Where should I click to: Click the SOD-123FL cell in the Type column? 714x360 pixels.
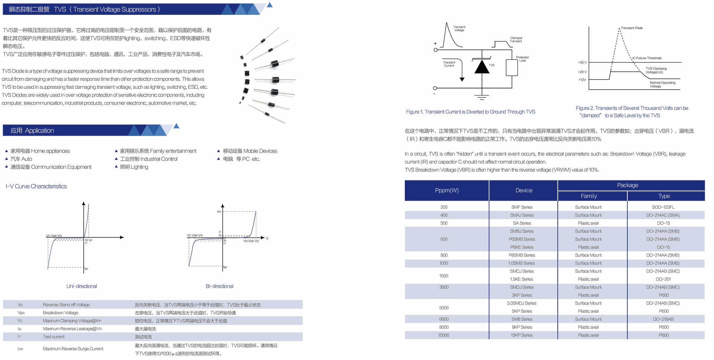click(663, 207)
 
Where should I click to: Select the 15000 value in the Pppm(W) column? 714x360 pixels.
click(444, 335)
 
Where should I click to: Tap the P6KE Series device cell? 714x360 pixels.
click(522, 247)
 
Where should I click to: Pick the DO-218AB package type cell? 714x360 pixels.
click(663, 319)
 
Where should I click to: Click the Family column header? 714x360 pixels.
click(589, 196)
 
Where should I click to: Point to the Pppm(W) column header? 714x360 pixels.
click(447, 190)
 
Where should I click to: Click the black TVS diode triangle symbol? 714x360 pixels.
click(482, 67)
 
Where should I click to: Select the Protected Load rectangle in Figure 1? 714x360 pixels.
click(512, 68)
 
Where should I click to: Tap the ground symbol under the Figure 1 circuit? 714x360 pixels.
click(482, 97)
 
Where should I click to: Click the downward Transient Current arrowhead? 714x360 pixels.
click(462, 79)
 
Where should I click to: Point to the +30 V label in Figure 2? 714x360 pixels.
click(582, 62)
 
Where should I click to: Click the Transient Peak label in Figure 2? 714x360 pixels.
click(631, 28)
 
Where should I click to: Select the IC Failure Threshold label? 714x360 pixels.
click(647, 58)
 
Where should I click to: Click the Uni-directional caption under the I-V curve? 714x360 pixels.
click(81, 286)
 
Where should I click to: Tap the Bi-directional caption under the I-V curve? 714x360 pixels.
click(219, 286)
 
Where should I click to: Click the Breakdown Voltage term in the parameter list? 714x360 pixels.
click(61, 313)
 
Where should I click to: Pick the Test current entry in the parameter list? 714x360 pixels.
click(54, 337)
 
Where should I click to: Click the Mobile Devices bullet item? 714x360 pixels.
click(250, 151)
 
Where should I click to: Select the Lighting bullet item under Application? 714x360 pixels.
click(134, 167)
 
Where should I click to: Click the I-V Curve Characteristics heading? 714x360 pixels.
click(36, 186)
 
